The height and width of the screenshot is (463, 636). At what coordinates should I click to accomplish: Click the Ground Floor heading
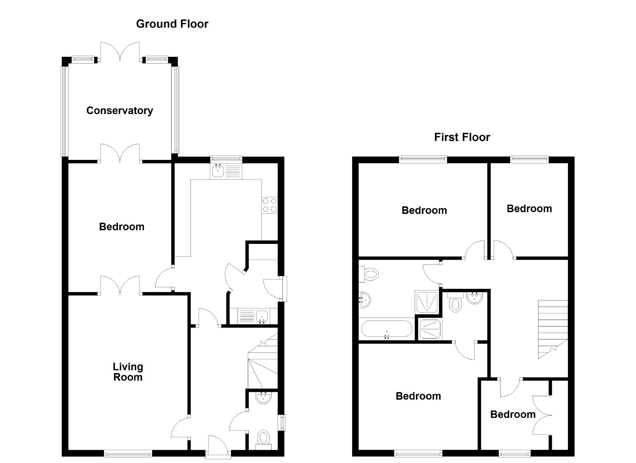coord(172,24)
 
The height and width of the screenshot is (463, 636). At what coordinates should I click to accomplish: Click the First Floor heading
coord(462,137)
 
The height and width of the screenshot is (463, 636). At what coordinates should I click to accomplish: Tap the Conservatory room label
coord(120,110)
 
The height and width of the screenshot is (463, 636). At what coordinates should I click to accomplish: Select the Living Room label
coord(128,372)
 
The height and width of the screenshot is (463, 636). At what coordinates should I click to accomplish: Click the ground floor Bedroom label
coord(122,227)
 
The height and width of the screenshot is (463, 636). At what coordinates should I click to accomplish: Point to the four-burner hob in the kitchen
coord(270,205)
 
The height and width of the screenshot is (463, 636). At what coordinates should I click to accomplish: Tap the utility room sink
coord(262,316)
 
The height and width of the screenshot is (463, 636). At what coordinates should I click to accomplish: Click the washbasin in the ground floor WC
coord(263,398)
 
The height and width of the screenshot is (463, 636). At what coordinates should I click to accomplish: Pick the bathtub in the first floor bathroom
coord(386,329)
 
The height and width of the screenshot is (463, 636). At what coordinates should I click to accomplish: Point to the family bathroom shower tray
coord(427,302)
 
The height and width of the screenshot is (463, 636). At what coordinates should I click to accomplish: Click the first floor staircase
coord(553,328)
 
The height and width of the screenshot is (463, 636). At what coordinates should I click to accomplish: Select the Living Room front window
coord(128,454)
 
